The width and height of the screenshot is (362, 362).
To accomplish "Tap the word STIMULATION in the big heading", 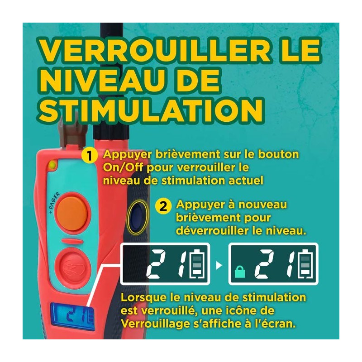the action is coord(151,111).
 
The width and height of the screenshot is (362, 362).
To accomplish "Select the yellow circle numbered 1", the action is coord(89,156).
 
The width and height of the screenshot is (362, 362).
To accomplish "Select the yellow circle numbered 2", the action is coord(163,206).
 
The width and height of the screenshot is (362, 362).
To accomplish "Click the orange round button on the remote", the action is coord(72,213).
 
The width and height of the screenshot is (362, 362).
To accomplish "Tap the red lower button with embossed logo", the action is coord(73,267).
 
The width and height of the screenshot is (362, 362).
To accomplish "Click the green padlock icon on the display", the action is coord(240,271).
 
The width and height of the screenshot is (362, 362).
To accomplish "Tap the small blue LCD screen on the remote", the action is coord(72,315).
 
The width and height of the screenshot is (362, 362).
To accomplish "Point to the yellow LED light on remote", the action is coord(52,165).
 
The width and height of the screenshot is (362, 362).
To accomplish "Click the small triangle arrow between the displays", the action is coord(219,265).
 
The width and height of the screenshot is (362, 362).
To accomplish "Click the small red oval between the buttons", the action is coord(72,241).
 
